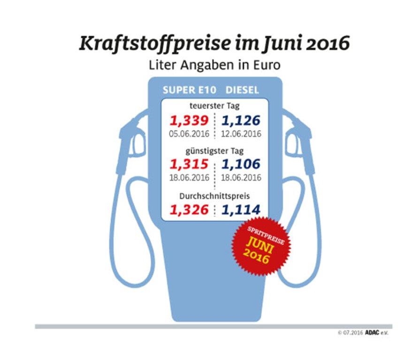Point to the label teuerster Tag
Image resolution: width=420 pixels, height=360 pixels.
coord(215,106)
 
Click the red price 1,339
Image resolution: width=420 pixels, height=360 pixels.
coord(189,120)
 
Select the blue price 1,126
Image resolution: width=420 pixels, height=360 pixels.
coord(241,120)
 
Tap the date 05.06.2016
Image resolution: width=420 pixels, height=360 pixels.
coord(189,134)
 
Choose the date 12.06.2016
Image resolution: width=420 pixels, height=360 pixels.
coord(241,134)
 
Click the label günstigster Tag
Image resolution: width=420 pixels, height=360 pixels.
coord(215,151)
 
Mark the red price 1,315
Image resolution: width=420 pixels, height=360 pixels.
coord(189,165)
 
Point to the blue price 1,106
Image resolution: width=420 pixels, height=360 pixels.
coord(241,165)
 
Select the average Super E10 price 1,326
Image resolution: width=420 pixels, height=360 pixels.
coord(189,209)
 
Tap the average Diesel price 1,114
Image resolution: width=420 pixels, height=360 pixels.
coord(241,209)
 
